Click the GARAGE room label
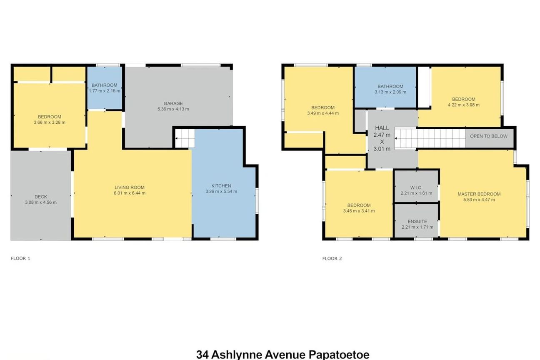173,103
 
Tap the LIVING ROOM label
130,187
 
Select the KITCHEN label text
221,186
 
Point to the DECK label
41,197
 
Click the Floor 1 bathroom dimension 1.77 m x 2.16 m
105,91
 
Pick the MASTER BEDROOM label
479,194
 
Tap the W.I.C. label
416,187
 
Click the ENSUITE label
417,221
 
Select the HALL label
382,128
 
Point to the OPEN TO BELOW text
489,136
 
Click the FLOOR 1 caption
20,258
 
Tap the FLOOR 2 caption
332,258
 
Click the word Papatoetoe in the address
339,355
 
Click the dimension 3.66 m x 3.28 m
50,122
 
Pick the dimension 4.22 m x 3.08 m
464,105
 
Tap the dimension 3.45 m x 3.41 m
359,211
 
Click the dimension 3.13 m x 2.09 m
390,92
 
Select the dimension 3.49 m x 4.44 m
323,113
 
